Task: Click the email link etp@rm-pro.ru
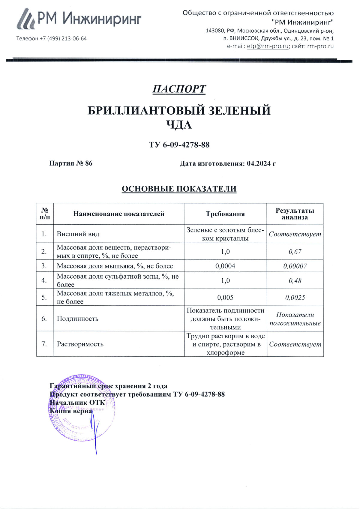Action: (268, 46)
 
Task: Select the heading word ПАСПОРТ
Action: (179, 89)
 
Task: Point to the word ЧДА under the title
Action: (179, 125)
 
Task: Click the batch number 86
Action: (89, 163)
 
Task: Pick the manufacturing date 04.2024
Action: (259, 163)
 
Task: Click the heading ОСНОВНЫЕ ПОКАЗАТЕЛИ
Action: (179, 189)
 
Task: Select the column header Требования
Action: (225, 214)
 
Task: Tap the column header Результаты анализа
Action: (295, 214)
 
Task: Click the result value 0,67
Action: (295, 252)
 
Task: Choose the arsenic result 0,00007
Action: (295, 266)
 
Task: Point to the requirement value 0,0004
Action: (225, 266)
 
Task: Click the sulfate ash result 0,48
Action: (295, 281)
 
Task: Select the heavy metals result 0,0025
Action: (295, 298)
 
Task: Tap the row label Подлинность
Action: (78, 319)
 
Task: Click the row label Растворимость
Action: (80, 344)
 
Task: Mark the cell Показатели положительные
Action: (295, 319)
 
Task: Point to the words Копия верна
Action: (71, 411)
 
